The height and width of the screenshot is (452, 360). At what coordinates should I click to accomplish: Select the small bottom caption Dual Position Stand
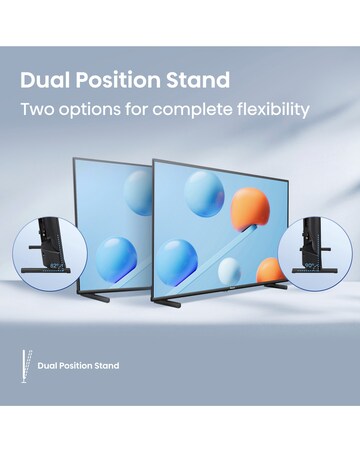78,366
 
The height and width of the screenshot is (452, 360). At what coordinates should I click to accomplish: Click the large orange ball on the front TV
250,208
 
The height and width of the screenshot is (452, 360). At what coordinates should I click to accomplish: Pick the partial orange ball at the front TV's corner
269,270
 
